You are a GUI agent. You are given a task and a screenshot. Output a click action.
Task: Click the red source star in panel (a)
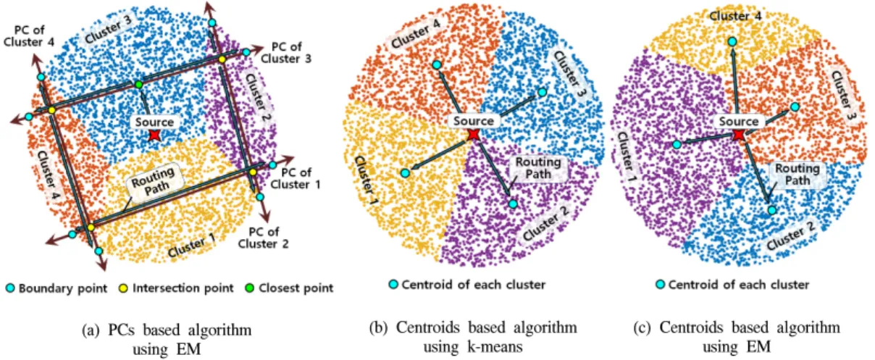(x=155, y=135)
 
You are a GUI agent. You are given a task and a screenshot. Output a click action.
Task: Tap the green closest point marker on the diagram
(x=138, y=84)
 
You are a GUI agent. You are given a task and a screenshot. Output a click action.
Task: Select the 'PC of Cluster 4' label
(x=29, y=36)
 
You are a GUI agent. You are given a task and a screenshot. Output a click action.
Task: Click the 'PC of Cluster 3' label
(x=286, y=53)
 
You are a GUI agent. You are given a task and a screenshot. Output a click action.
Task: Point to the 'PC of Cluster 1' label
(x=296, y=178)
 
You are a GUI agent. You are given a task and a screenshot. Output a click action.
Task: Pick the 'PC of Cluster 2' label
(x=263, y=238)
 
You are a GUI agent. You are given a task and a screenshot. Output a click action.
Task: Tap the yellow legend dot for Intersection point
(x=123, y=288)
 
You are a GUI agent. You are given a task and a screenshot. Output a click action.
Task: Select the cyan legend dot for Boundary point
(x=10, y=288)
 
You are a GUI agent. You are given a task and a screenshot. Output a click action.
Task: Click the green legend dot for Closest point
(x=249, y=288)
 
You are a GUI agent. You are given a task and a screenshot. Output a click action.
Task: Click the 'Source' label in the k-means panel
(x=474, y=121)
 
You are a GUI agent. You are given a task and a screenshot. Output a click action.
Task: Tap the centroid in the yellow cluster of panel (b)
(x=406, y=172)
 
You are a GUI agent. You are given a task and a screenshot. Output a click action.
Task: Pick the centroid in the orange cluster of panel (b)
(x=437, y=64)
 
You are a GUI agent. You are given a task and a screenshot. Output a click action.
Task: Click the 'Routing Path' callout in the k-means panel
(x=538, y=168)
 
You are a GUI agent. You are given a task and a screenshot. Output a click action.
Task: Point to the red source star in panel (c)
(x=739, y=135)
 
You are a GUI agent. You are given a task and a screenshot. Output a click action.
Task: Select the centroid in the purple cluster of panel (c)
(x=677, y=144)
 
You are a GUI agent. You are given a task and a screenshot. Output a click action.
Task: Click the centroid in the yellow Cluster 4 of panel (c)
(x=732, y=41)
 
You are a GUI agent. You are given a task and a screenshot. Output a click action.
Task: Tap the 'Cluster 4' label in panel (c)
(x=735, y=17)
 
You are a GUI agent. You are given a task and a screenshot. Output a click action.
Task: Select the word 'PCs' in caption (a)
(x=121, y=330)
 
